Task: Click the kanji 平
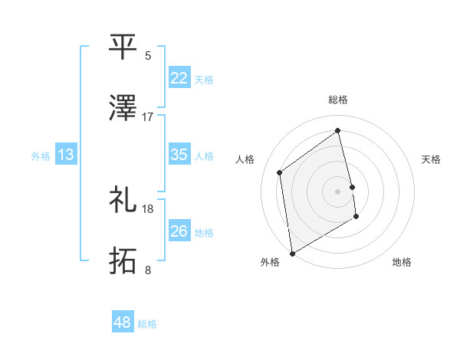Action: coord(123,46)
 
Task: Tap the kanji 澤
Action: coord(123,110)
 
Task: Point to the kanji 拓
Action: coord(123,261)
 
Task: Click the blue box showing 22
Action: coord(179,78)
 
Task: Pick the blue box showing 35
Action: coord(179,155)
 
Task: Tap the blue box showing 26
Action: coord(179,231)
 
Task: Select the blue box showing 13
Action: coord(66,155)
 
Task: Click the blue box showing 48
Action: coord(123,322)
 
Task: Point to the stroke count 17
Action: coord(148,117)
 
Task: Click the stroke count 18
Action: coord(148,208)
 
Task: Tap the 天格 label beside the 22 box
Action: coord(204,80)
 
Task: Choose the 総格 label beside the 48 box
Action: coord(147,324)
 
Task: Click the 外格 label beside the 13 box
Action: coord(41,156)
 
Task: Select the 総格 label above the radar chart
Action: coord(338,100)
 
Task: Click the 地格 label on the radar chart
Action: coord(402,263)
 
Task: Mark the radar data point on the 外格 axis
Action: coord(291,253)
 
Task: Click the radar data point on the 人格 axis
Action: coord(280,172)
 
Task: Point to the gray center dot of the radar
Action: coord(338,191)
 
